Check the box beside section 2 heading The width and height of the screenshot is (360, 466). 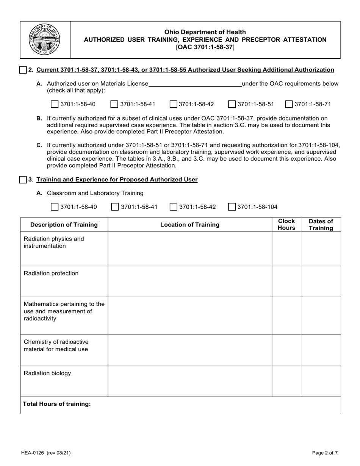pos(23,70)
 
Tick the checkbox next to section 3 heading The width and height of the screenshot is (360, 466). pos(23,180)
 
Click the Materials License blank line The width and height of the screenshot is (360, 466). pos(195,84)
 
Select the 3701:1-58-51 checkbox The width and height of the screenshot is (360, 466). pos(232,104)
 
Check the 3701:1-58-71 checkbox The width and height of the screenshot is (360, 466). pos(289,104)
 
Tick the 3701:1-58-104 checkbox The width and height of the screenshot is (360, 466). pos(232,207)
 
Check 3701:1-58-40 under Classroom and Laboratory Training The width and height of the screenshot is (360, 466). pos(55,207)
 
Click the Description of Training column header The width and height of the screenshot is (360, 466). pos(64,225)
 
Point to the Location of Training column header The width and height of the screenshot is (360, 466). pos(190,225)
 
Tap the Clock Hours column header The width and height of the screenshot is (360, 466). pos(286,225)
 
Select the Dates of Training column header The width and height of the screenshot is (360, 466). pos(321,225)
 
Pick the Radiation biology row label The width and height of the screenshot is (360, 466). pos(47,373)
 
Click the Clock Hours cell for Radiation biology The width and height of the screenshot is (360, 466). pos(286,381)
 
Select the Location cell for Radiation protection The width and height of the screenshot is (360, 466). pos(190,281)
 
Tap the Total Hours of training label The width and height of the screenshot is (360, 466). pos(57,404)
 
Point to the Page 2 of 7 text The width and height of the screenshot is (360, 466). pos(325,452)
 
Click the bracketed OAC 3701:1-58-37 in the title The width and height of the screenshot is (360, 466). pos(205,47)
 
